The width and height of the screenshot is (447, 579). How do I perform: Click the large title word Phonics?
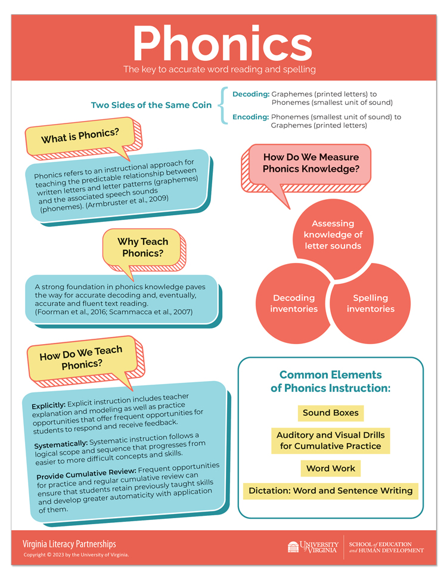point(222,43)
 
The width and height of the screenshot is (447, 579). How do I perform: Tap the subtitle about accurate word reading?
point(219,69)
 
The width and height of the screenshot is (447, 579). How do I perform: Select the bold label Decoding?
point(251,94)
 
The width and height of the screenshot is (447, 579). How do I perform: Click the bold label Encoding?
point(251,117)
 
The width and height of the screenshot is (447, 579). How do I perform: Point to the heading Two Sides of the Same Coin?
point(151,105)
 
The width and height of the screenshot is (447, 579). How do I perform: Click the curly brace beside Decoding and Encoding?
point(222,106)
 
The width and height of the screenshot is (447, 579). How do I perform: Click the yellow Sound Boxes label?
point(331,413)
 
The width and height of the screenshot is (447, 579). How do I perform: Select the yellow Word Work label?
point(331,468)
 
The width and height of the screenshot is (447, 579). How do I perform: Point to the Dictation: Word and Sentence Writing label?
point(331,491)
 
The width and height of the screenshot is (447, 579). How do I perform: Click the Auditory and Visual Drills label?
point(331,441)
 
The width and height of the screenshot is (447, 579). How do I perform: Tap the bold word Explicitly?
point(48,405)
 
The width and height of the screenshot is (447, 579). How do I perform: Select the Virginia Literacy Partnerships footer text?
point(69,544)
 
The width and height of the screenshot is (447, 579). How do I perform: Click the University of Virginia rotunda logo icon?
point(293,547)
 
